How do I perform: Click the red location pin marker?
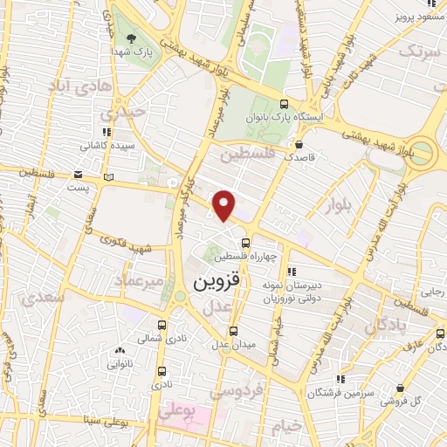click(x=224, y=203)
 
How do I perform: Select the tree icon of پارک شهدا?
click(x=130, y=38)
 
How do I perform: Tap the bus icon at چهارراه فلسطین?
click(x=245, y=242)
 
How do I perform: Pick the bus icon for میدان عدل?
click(x=233, y=330)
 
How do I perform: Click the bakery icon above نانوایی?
click(x=120, y=350)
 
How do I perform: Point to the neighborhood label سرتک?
click(x=420, y=52)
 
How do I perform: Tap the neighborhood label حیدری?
click(x=120, y=113)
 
